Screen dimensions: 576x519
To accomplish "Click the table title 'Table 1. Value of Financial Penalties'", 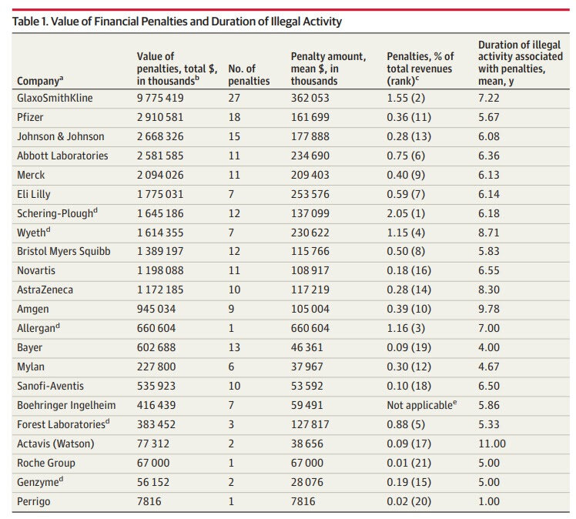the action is coord(176,22).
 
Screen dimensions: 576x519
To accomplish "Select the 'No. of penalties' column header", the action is coord(249,75).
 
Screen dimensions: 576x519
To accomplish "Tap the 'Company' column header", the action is coord(40,80).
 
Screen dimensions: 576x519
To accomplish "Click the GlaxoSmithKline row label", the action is coord(55,98).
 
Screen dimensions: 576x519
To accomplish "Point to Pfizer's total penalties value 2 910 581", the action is coord(160,117).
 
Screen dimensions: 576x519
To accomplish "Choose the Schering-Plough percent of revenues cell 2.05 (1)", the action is coord(406,213).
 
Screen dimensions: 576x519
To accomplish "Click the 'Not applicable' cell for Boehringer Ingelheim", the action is coord(422,405).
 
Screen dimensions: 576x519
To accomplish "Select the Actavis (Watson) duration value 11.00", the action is coord(492,444).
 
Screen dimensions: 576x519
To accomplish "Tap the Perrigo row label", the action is coord(33,501).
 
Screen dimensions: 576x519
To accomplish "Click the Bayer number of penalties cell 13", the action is coord(234,347).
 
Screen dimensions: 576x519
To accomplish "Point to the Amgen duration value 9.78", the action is coord(488,309).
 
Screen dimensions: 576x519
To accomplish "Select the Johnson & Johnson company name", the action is coord(61,136).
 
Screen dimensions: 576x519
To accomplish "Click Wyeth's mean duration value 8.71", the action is coord(488,233).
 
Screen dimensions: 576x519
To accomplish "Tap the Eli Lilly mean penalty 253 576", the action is coord(310,194).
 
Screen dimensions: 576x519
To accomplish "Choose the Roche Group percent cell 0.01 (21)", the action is coord(409,463).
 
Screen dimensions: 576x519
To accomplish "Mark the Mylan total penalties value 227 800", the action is coord(156,367).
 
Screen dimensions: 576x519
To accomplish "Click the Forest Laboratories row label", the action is coord(63,424).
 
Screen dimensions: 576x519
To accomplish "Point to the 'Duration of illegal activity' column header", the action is coord(520,62).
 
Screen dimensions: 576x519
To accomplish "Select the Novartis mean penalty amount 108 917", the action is coord(310,271).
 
